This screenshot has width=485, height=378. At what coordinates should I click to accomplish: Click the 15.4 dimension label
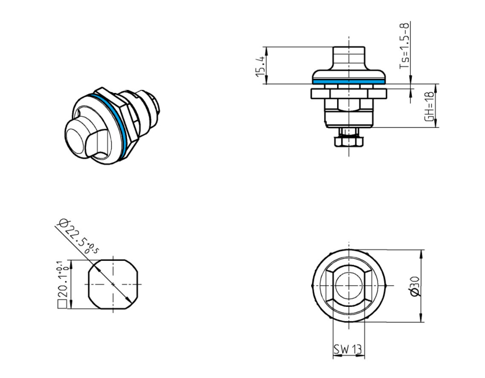tap(260, 66)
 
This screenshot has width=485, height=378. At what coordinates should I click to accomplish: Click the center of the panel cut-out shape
tap(113, 284)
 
